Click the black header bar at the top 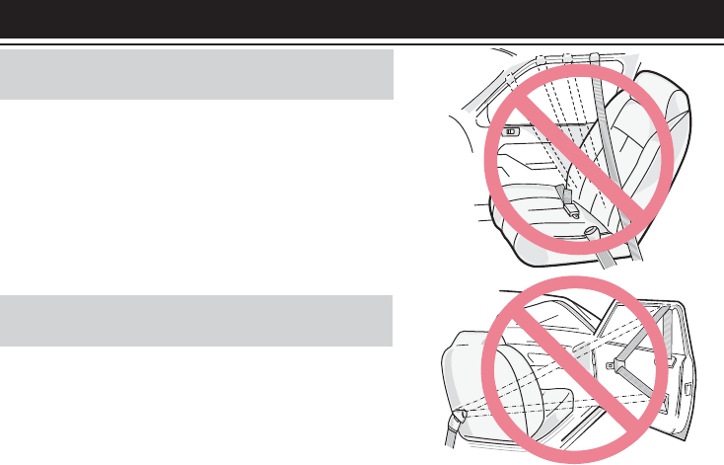(x=362, y=19)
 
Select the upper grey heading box (x=197, y=76)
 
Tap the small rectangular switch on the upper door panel (x=512, y=130)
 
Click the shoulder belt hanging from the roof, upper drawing (x=610, y=148)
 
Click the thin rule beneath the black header (x=362, y=43)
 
